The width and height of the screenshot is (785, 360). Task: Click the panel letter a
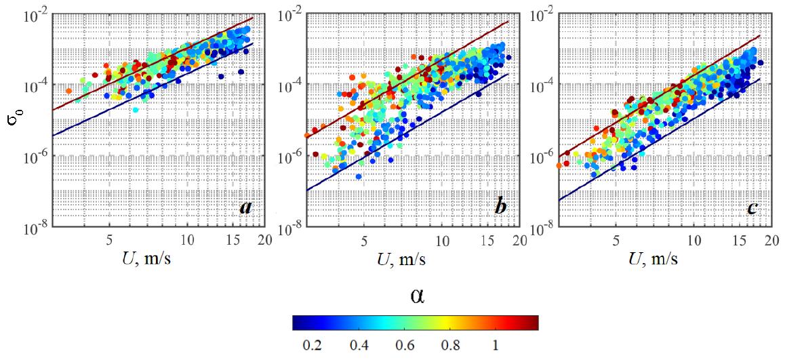click(x=245, y=207)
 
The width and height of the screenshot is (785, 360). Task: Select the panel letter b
click(x=500, y=207)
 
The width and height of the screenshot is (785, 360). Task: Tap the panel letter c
click(x=752, y=207)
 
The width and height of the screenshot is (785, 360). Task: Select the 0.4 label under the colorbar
click(x=356, y=345)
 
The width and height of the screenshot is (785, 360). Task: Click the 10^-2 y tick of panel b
click(x=292, y=13)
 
